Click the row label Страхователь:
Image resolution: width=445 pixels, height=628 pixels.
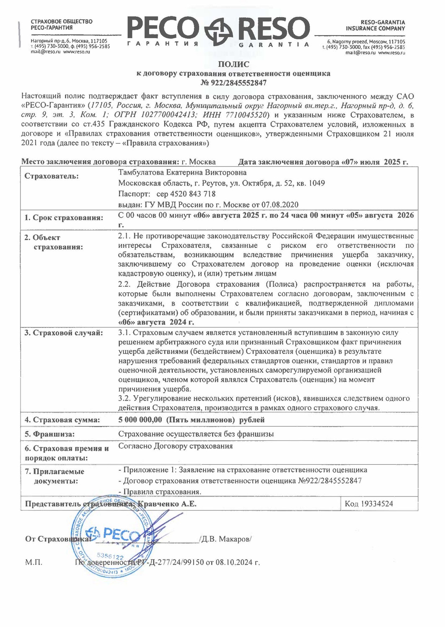[x=51, y=176]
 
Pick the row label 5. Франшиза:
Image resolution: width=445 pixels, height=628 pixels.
[x=49, y=434]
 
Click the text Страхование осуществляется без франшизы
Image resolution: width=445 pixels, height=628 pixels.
[x=196, y=434]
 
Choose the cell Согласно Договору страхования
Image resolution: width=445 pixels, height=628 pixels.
[x=175, y=446]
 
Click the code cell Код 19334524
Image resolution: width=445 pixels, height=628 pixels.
[x=369, y=504]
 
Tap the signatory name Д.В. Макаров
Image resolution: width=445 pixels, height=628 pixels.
[x=226, y=539]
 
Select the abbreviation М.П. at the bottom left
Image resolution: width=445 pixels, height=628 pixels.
[x=34, y=562]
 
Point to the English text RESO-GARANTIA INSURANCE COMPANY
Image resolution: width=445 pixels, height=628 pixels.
[x=375, y=25]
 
